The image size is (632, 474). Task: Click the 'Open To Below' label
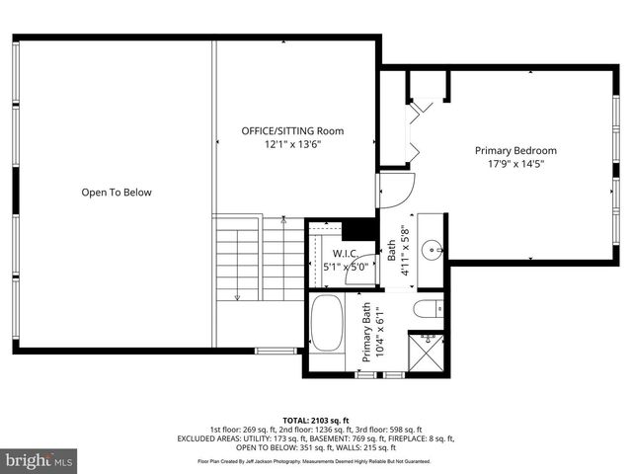coord(117,193)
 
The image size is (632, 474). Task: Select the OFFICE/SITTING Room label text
coord(292,130)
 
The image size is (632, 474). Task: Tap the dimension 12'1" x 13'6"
coord(292,144)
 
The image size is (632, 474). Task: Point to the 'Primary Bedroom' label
coord(515,150)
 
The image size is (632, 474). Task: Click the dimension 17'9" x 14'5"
coord(515,164)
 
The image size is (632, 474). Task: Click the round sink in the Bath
coord(431,249)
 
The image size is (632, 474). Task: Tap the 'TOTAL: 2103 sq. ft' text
coord(315,420)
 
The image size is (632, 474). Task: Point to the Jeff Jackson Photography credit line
coord(315,461)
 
